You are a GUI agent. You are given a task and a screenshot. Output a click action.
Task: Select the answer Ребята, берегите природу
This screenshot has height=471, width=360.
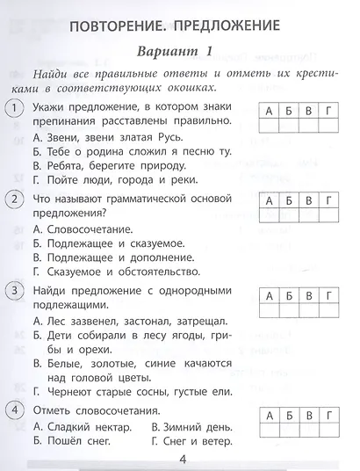[112, 167]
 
